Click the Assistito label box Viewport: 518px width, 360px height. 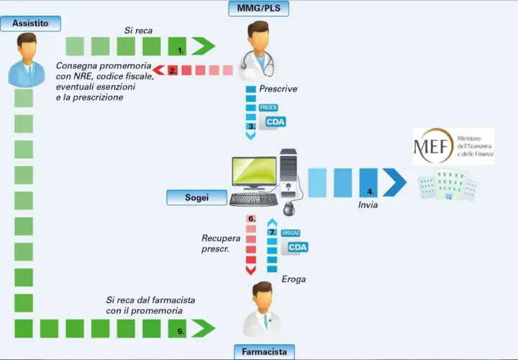point(30,24)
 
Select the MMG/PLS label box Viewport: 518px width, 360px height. point(259,8)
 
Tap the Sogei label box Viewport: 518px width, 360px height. point(197,197)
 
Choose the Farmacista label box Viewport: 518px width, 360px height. point(264,352)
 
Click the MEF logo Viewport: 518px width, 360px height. point(453,145)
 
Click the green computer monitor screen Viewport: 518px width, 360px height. point(254,171)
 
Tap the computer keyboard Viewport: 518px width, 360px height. point(253,199)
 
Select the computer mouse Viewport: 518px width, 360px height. point(289,209)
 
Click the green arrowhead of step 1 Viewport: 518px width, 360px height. point(204,46)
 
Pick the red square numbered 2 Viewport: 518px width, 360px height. point(173,71)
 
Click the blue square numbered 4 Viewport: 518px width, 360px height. point(368,182)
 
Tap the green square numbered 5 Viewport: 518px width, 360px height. point(177,328)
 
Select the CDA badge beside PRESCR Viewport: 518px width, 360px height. point(276,122)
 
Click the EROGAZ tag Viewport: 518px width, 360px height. point(291,233)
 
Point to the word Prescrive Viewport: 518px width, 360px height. point(278,89)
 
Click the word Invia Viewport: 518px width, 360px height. point(368,205)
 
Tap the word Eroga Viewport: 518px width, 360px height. point(294,279)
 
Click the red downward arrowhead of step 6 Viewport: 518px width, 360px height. point(251,270)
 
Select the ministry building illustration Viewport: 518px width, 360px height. point(447,184)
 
